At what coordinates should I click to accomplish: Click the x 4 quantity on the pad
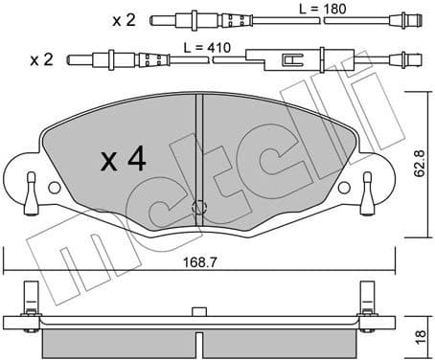tap(124, 159)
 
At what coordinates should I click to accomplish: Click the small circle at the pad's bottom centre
tap(199, 208)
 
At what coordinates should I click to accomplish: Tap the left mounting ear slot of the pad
tap(31, 183)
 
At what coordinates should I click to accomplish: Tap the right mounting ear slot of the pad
tap(369, 183)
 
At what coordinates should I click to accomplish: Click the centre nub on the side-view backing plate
tap(199, 310)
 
